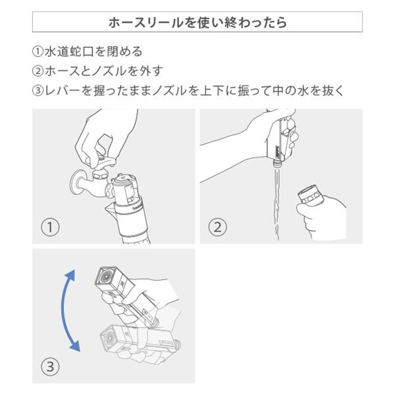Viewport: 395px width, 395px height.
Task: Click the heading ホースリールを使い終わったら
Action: (x=197, y=22)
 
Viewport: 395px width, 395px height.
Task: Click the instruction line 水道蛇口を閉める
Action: (x=92, y=51)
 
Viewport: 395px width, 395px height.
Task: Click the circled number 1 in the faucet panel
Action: (x=51, y=228)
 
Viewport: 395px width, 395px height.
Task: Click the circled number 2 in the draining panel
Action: (x=217, y=228)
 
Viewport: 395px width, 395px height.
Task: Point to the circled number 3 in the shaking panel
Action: (x=51, y=367)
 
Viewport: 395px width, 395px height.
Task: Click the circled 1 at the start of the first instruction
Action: (x=37, y=51)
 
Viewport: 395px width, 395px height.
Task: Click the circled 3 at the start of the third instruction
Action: (x=37, y=91)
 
